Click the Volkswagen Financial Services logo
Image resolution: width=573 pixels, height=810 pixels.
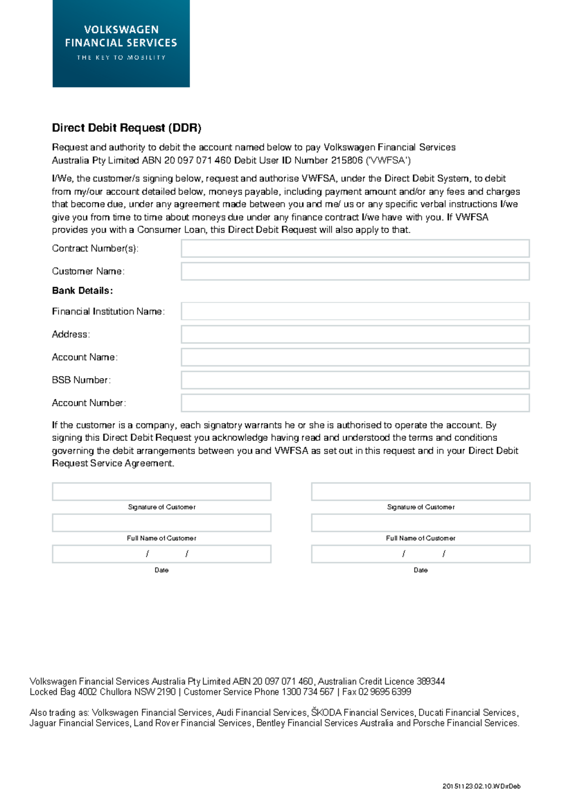(x=121, y=43)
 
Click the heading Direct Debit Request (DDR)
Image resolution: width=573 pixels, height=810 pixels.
(x=127, y=128)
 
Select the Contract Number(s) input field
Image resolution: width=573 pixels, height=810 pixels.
(x=355, y=248)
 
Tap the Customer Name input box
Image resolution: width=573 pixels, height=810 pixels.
(x=355, y=271)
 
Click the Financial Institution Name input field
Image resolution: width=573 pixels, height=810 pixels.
(x=355, y=311)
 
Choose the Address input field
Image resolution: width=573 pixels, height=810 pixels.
(x=355, y=334)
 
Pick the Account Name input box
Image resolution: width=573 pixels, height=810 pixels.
(x=355, y=357)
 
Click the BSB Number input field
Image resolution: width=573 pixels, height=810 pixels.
(x=355, y=380)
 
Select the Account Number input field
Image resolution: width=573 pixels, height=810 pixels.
(x=355, y=403)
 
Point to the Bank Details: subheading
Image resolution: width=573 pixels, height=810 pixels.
(x=82, y=291)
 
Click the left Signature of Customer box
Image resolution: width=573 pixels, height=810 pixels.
(x=161, y=491)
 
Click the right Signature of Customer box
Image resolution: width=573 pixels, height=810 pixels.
(x=420, y=491)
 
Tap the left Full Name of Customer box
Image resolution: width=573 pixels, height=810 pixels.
(x=161, y=523)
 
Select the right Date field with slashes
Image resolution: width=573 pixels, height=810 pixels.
(x=420, y=554)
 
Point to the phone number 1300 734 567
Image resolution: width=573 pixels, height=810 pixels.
(x=308, y=692)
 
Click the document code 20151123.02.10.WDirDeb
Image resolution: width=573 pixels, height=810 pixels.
(x=481, y=786)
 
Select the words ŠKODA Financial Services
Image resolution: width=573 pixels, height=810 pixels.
(x=362, y=713)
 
